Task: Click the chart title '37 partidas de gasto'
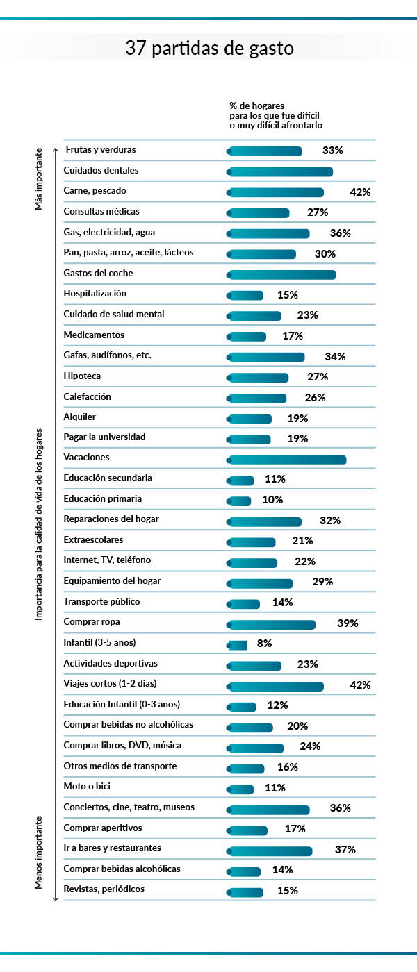point(209,49)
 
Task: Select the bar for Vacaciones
point(287,460)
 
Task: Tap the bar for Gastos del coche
point(282,275)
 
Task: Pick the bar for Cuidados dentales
point(281,172)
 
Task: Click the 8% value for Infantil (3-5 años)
point(264,644)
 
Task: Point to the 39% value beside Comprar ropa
point(347,623)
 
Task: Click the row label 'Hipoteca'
point(81,376)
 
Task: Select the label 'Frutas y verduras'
point(101,149)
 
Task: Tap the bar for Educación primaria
point(240,501)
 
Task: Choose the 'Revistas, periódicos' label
point(104,889)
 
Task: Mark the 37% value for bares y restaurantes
point(345,849)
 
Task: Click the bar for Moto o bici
point(241,789)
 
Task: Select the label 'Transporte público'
point(101,601)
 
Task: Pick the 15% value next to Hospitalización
point(288,295)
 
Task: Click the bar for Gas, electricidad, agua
point(269,234)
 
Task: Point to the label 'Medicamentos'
point(94,335)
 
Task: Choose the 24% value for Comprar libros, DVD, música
point(310,746)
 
